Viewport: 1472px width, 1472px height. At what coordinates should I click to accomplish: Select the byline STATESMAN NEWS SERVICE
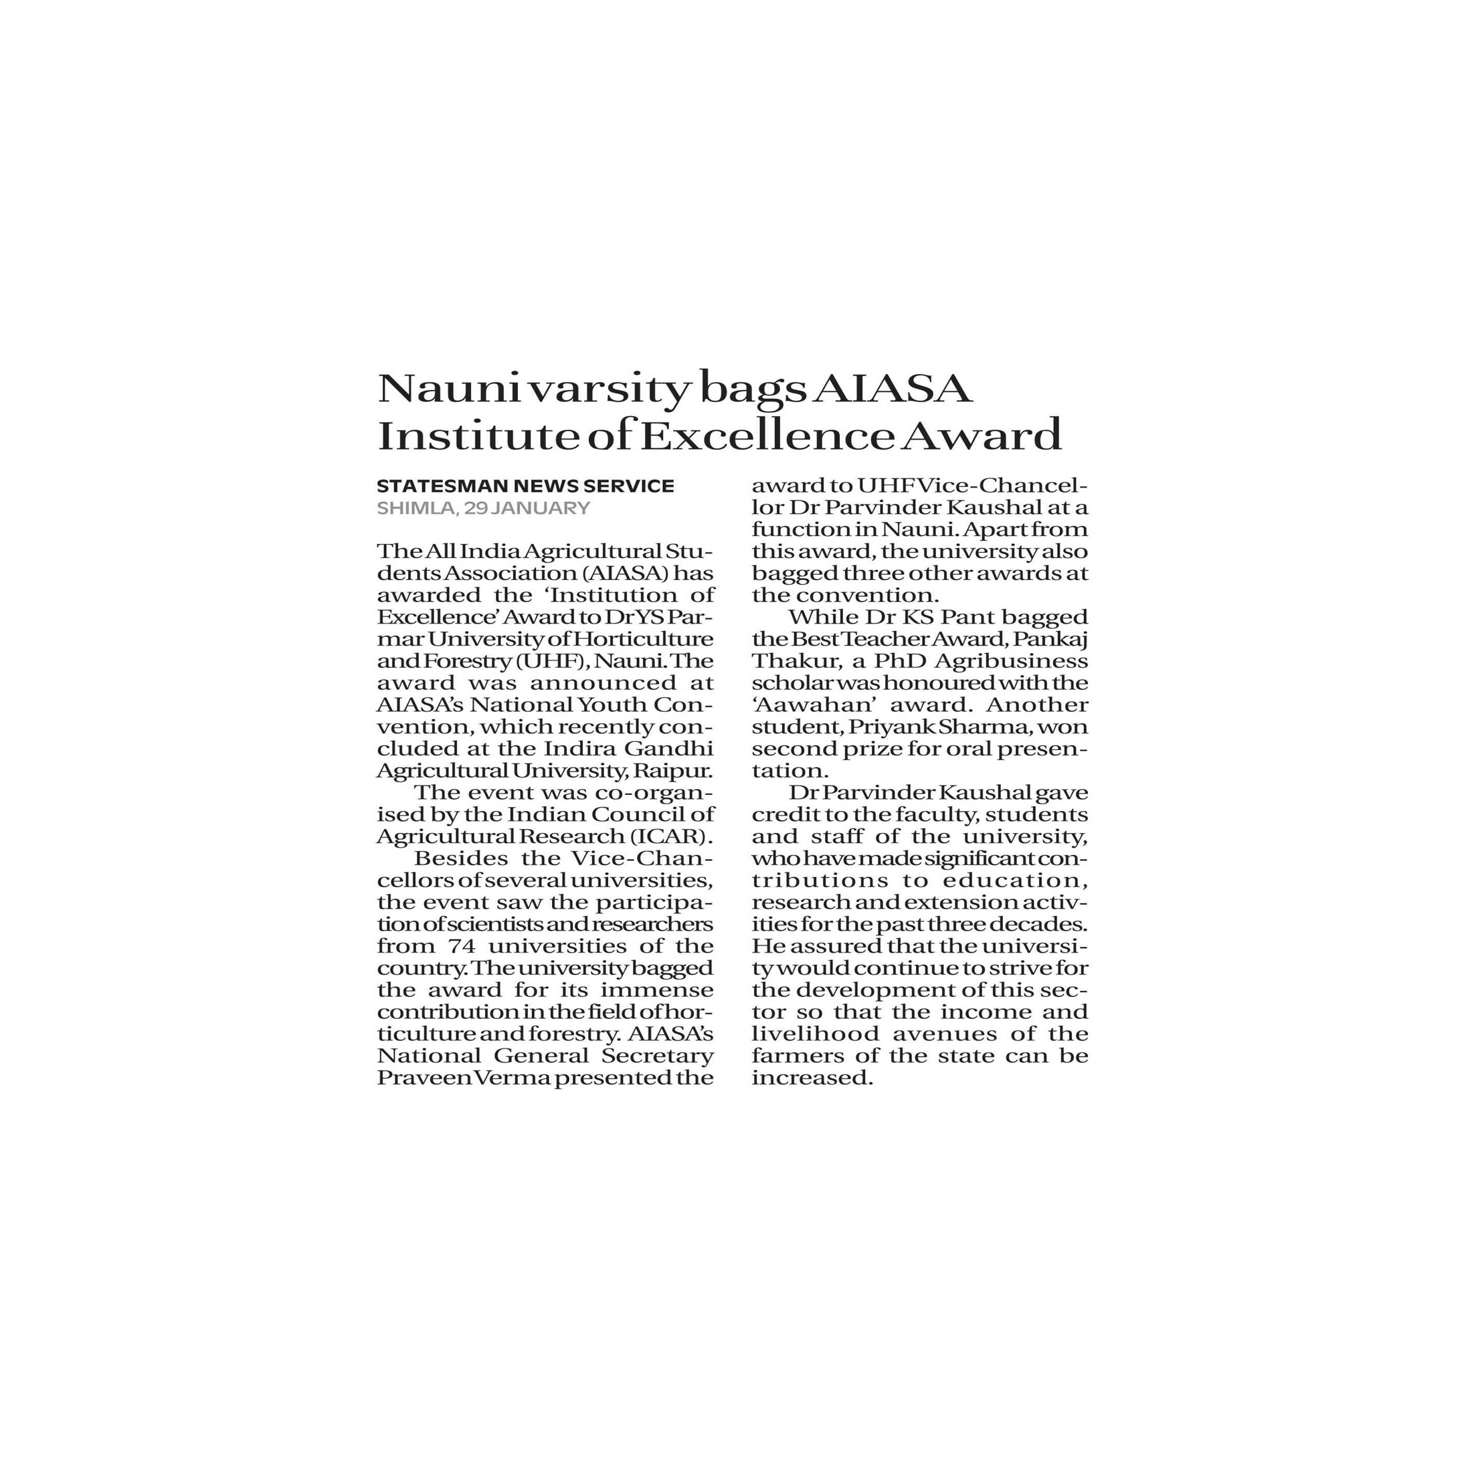pyautogui.click(x=525, y=486)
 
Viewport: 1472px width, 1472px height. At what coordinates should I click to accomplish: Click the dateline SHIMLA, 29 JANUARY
pyautogui.click(x=483, y=509)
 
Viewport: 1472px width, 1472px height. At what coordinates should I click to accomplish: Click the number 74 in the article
pyautogui.click(x=456, y=946)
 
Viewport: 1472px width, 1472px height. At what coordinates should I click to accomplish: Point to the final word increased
pyautogui.click(x=811, y=1078)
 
